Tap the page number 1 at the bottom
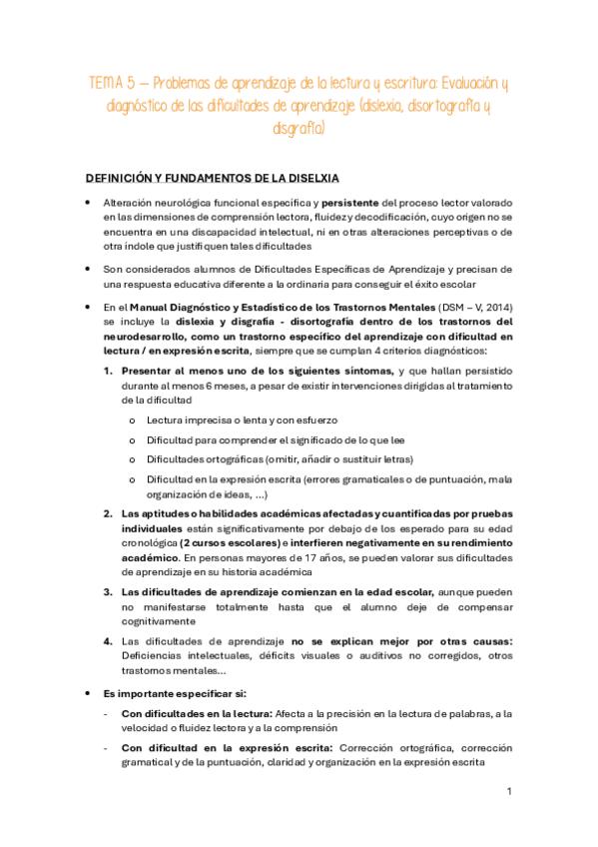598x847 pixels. (x=509, y=791)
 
